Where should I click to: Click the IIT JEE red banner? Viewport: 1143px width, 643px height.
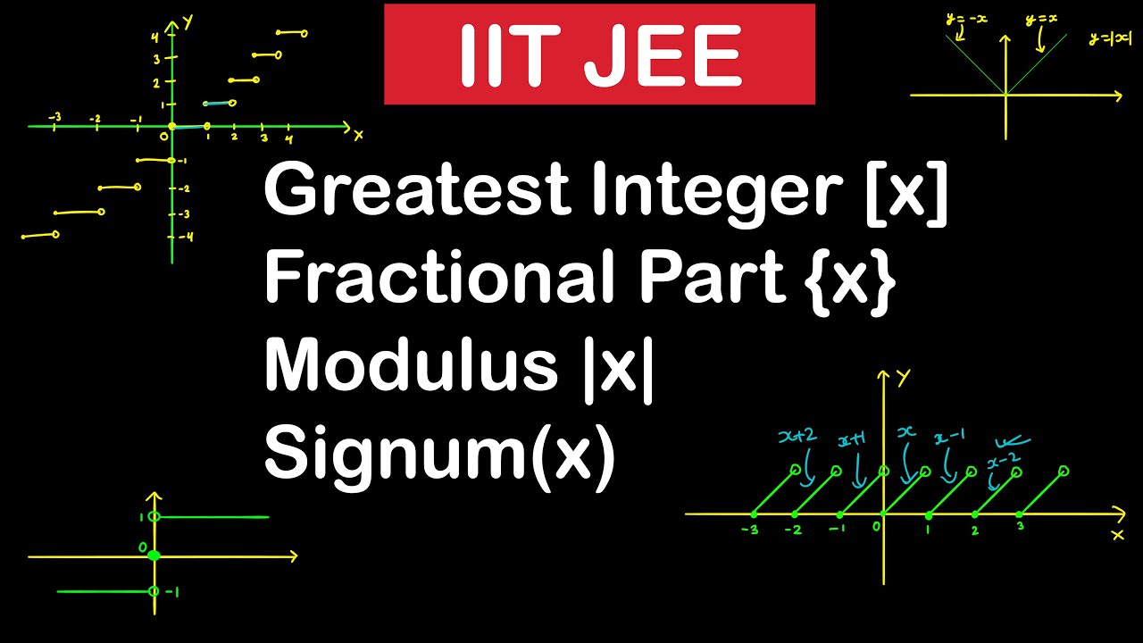coord(599,54)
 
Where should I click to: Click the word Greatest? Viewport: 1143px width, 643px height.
coord(417,191)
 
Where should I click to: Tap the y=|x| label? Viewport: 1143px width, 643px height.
coord(1110,39)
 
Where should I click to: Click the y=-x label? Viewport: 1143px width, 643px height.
coord(968,18)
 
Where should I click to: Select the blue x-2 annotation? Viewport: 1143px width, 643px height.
coord(1004,462)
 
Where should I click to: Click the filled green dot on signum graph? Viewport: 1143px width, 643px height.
coord(154,556)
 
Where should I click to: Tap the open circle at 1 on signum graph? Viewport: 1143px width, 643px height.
coord(154,517)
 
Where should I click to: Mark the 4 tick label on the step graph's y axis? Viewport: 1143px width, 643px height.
coord(154,38)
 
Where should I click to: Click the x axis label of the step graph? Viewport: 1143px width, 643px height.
coord(358,135)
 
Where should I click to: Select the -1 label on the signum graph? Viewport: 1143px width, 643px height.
coord(172,591)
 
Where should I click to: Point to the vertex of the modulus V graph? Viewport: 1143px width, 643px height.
coord(1006,94)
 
